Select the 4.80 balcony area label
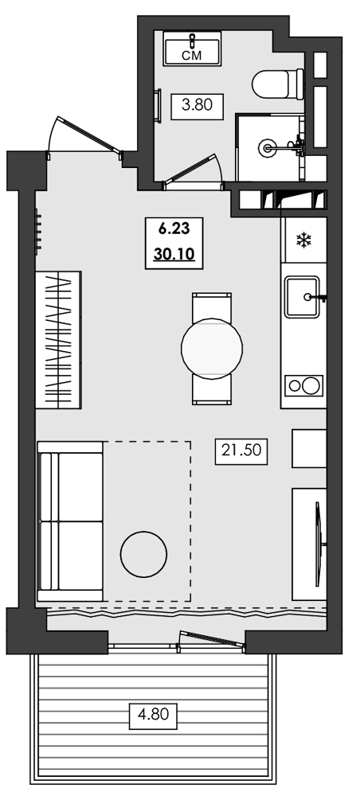(153, 714)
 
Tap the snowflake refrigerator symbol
(303, 240)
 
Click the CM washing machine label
(191, 55)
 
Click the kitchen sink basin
(302, 297)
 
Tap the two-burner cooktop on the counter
(303, 386)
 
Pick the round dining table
(211, 347)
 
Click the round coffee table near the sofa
(144, 552)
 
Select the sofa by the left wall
(70, 522)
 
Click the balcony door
(209, 636)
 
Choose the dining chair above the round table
(211, 306)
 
